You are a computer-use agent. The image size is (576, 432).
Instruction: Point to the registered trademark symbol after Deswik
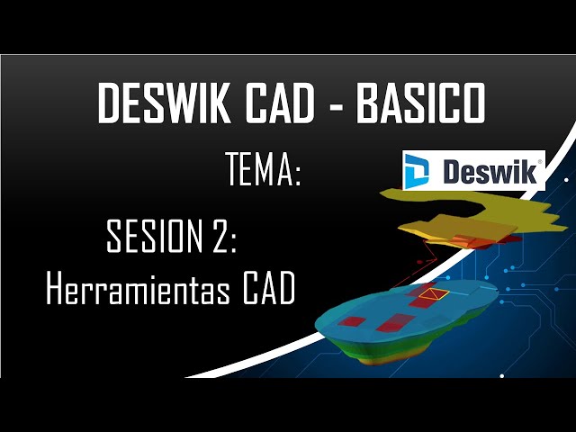[538, 163]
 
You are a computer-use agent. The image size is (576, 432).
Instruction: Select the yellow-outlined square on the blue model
[428, 294]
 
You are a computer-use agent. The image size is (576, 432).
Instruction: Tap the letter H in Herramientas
[56, 289]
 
